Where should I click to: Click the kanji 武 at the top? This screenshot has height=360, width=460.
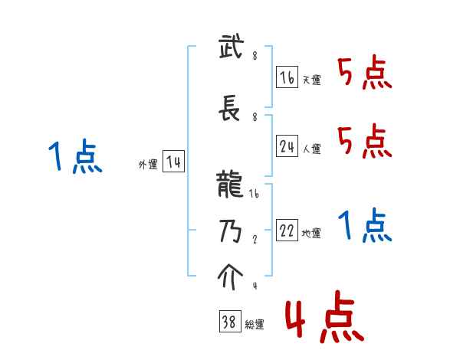[230, 49]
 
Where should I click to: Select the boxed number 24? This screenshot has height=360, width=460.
[287, 146]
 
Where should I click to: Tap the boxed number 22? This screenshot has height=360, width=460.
[287, 231]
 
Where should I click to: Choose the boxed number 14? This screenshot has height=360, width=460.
[174, 162]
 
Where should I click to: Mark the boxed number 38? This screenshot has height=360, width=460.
[229, 322]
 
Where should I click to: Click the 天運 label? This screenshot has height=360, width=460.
[312, 80]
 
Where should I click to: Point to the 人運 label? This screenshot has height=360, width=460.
[312, 149]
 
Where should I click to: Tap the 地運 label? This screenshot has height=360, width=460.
[312, 234]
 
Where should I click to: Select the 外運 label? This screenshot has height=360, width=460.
[148, 165]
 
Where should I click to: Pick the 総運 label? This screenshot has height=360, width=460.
[255, 326]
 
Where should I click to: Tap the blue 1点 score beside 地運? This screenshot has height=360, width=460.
[365, 226]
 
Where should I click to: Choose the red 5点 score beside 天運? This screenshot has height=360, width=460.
[365, 74]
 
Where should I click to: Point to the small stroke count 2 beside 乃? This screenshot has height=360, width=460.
[254, 239]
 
